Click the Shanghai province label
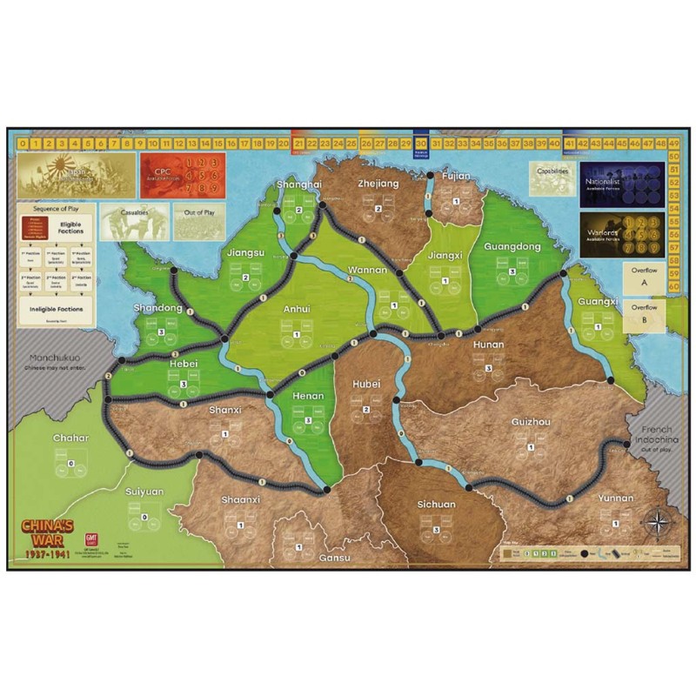(x=298, y=185)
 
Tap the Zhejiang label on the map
(x=378, y=184)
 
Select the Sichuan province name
(x=436, y=505)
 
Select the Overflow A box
(x=644, y=278)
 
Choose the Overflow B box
(x=644, y=313)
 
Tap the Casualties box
(x=135, y=221)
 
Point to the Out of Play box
(x=198, y=221)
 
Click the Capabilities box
(x=552, y=177)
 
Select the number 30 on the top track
(x=421, y=143)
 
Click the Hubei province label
(x=366, y=384)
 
